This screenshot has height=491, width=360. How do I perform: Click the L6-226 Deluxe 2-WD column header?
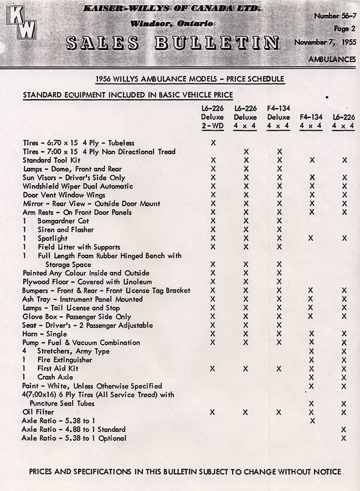[213, 117]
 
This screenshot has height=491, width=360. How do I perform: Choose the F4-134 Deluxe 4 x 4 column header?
[279, 117]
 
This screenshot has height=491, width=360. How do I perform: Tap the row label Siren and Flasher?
[65, 229]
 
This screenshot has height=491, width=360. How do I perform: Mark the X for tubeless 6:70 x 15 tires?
[213, 143]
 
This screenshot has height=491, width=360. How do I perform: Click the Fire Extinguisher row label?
[65, 360]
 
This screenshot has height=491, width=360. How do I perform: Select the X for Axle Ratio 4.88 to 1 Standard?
[344, 429]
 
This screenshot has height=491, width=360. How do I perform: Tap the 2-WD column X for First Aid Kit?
[213, 368]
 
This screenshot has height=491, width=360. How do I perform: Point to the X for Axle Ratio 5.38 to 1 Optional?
[344, 438]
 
